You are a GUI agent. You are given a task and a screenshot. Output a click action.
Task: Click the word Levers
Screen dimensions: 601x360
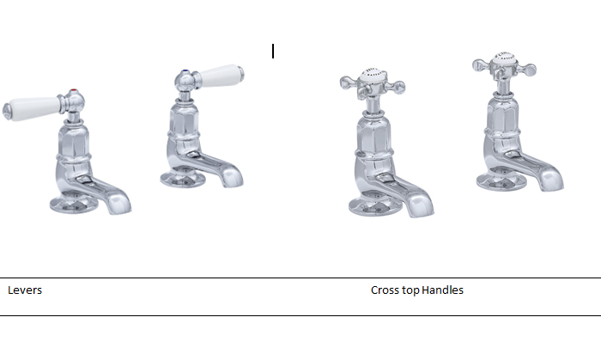click(25, 290)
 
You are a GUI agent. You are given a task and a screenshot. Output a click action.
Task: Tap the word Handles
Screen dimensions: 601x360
click(443, 290)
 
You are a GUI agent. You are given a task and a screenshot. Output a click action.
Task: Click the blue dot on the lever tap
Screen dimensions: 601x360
click(186, 71)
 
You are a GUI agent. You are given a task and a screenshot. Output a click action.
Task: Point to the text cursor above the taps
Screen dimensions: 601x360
click(273, 52)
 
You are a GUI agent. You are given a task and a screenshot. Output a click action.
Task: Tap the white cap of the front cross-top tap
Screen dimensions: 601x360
click(372, 75)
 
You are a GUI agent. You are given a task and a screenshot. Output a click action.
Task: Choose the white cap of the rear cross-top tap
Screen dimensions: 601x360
click(504, 58)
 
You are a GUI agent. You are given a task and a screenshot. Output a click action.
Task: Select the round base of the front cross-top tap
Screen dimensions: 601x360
click(373, 207)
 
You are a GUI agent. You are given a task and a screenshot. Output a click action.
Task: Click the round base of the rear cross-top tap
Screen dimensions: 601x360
click(501, 181)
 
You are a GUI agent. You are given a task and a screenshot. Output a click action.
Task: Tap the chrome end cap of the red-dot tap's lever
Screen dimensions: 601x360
click(7, 111)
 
